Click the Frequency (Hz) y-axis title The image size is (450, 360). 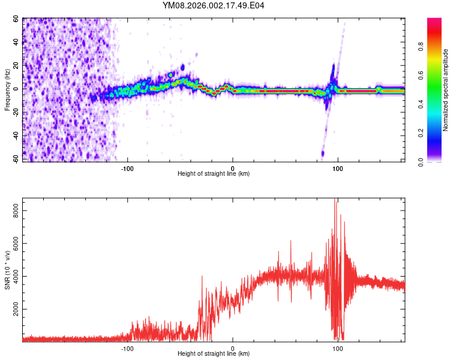click(x=7, y=90)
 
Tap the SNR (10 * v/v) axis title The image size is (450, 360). click(x=7, y=269)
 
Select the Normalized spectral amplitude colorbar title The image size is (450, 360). click(x=446, y=90)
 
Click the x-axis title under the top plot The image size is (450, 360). click(x=214, y=173)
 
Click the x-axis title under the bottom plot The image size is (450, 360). click(x=214, y=353)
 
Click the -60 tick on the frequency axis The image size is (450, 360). click(x=15, y=159)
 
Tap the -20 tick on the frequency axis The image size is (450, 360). click(x=15, y=112)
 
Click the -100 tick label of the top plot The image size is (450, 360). click(x=127, y=168)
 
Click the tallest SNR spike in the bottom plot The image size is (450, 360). click(x=335, y=200)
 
